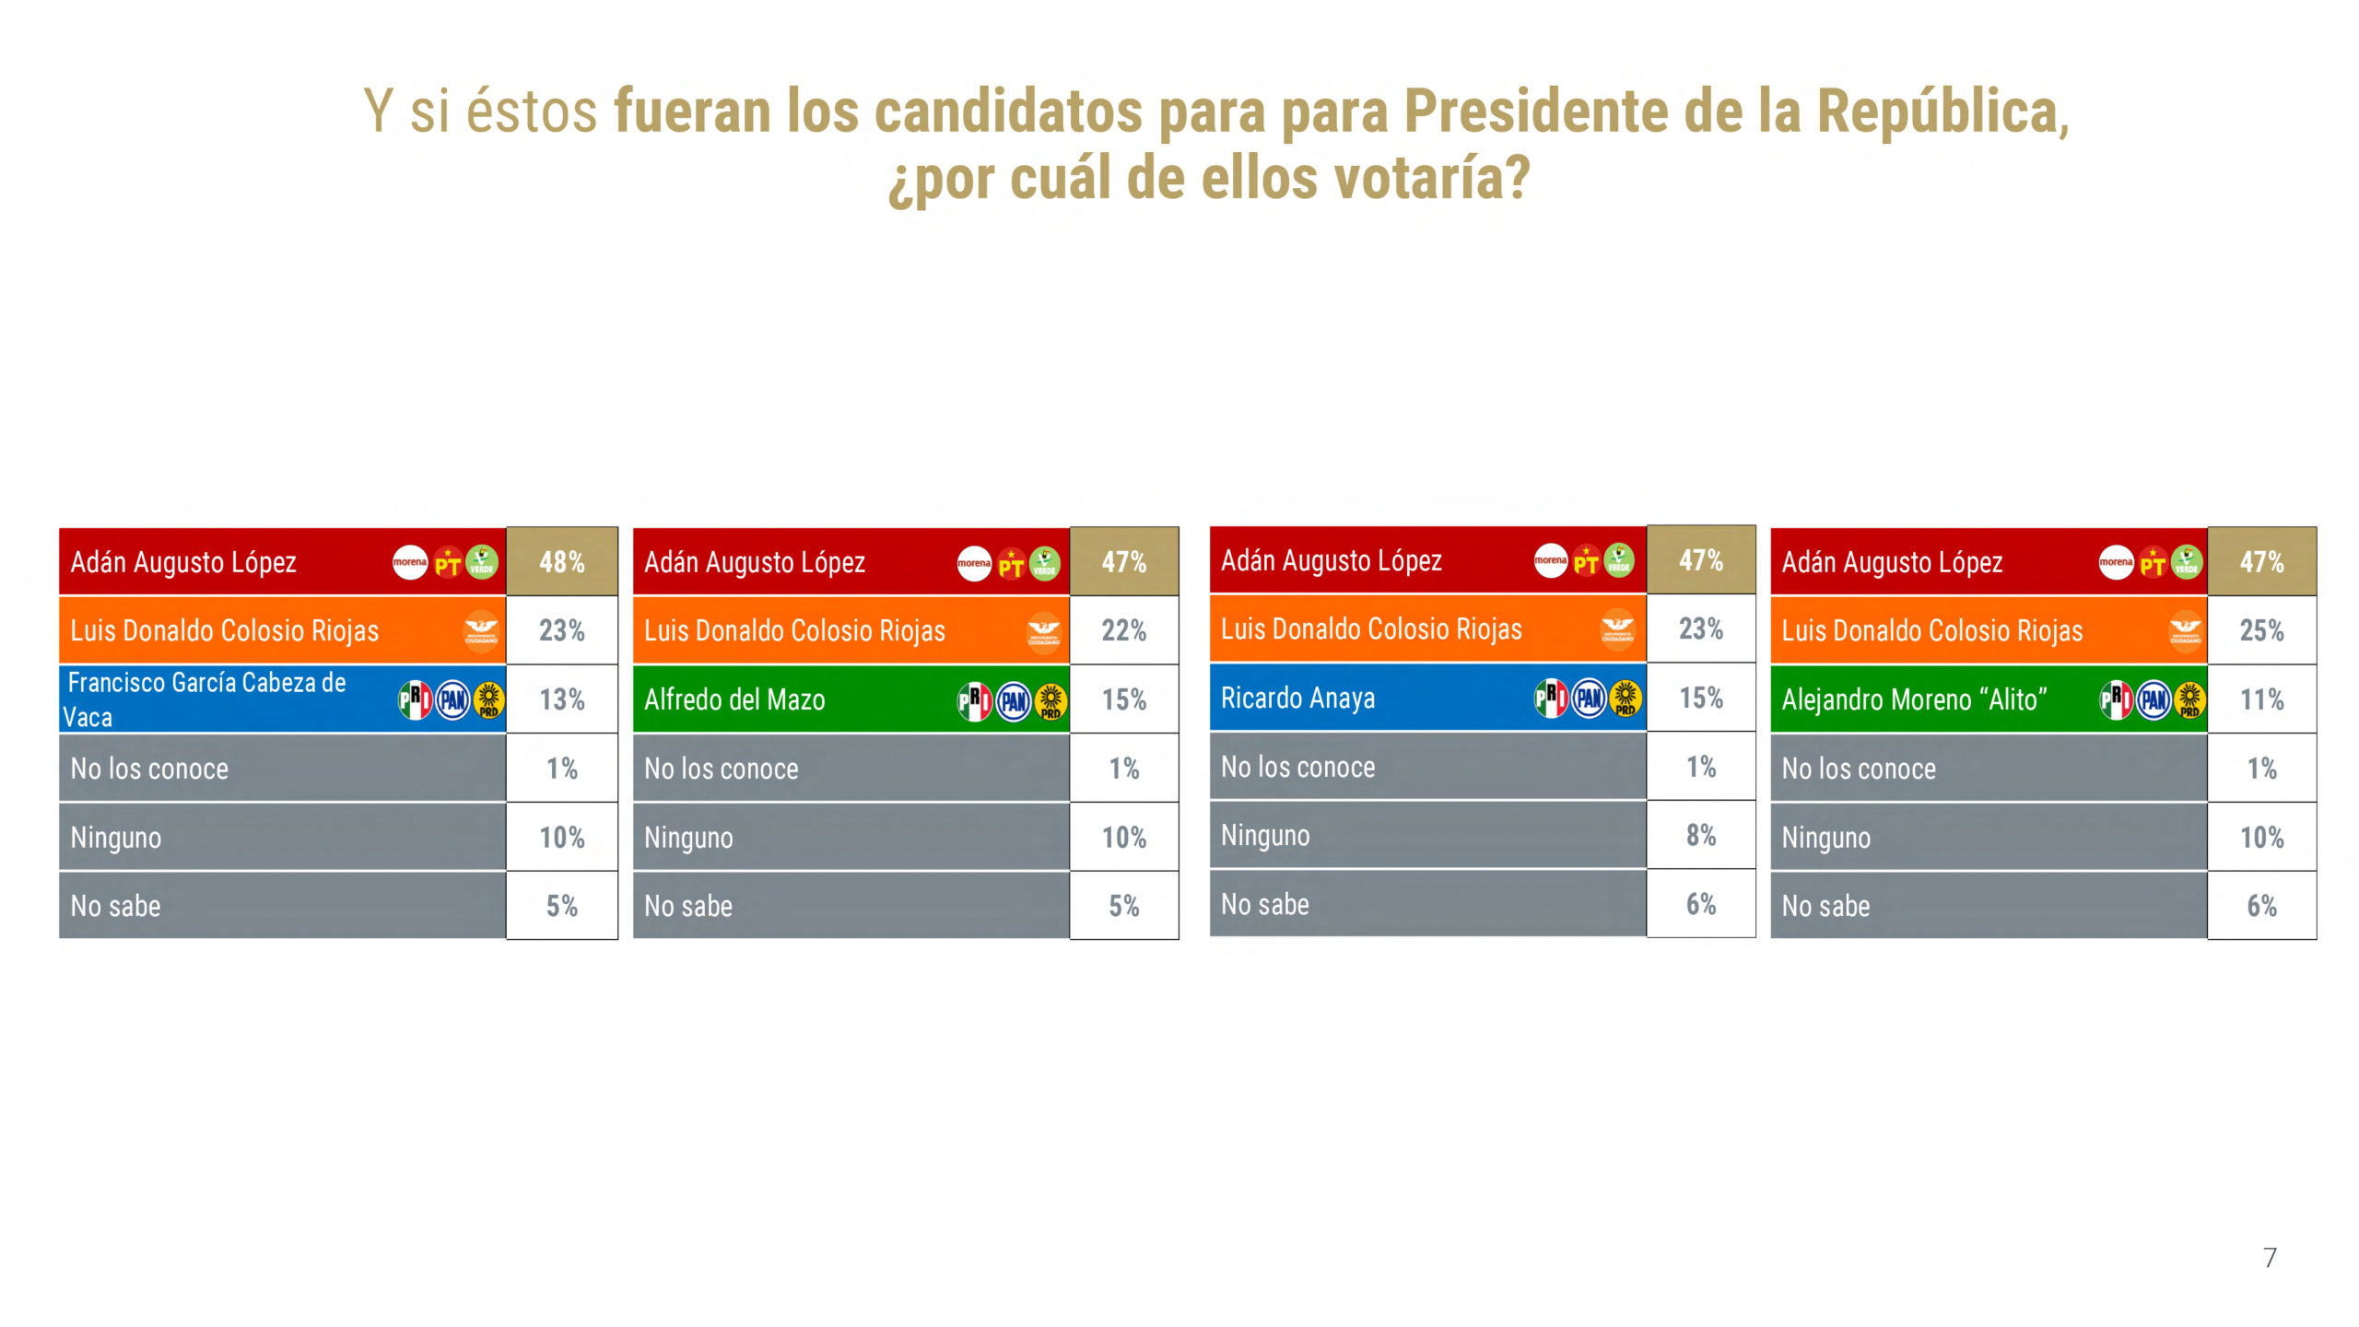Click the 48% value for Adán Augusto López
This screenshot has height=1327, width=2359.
(561, 561)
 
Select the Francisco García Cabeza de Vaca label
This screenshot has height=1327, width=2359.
(206, 699)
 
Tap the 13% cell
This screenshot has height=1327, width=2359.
(561, 699)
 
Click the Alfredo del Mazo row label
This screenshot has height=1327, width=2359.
(734, 699)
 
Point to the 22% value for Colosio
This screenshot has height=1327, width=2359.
(1123, 630)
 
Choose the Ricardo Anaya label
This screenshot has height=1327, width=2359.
(1297, 698)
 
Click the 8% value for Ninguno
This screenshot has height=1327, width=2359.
(1700, 835)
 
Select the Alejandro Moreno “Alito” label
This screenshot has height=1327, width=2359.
(1914, 699)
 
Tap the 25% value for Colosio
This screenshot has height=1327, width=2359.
(2261, 630)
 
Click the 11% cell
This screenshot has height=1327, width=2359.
(2261, 699)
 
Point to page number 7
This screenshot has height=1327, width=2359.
(2270, 1257)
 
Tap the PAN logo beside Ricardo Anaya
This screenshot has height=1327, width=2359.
(1589, 698)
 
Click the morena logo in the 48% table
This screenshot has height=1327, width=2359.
(410, 561)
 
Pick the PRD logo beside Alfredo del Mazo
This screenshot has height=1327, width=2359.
(1050, 701)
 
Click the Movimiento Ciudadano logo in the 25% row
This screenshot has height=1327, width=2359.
(2185, 630)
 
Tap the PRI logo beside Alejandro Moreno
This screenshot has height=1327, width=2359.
(2115, 699)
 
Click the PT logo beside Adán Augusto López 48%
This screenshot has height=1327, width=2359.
(448, 562)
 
